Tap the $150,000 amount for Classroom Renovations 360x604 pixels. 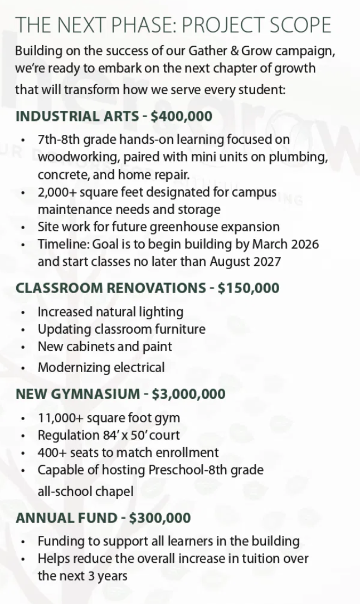[249, 288]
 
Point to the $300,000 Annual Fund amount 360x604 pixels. [160, 518]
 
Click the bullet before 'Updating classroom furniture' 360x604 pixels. [23, 330]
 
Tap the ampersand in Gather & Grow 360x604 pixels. [234, 51]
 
